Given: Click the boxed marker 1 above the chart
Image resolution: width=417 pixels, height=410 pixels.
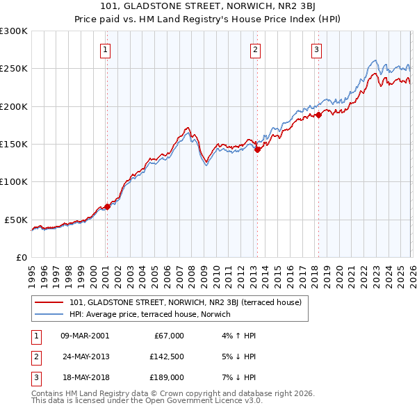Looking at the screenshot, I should (x=105, y=49).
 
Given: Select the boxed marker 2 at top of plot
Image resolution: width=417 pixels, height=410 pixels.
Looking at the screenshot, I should (x=256, y=49).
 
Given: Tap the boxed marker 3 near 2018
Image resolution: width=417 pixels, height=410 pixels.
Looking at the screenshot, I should (x=316, y=49).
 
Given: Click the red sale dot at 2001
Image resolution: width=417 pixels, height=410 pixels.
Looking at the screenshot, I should (x=107, y=206).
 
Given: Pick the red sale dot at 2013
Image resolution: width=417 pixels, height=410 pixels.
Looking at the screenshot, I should (x=256, y=149).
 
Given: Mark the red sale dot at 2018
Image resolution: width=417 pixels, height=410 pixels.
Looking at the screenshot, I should (x=318, y=115).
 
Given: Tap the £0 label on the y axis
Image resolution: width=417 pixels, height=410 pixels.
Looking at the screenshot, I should (x=21, y=257).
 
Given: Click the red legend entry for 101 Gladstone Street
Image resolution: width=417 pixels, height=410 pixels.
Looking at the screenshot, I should (x=185, y=302).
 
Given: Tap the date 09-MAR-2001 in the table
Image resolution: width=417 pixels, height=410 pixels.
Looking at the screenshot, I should (x=84, y=336).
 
